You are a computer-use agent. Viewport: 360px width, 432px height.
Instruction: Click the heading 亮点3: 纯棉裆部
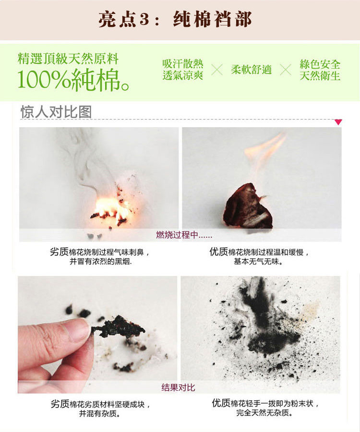[x=175, y=19]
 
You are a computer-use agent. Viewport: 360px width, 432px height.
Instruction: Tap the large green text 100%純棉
[x=73, y=80]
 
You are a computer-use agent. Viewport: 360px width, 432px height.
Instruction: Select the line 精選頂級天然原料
[x=68, y=59]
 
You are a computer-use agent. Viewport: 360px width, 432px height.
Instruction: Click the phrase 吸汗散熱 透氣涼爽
[x=182, y=70]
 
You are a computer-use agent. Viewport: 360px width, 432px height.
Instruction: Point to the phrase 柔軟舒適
[x=251, y=70]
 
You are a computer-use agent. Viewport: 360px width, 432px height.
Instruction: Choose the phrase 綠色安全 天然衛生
[x=320, y=70]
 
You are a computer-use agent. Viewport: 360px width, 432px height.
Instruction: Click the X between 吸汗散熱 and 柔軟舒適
[x=217, y=70]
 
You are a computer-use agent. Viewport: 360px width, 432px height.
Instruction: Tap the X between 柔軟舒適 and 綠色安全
[x=286, y=70]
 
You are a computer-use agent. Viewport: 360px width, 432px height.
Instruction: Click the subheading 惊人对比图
[x=56, y=112]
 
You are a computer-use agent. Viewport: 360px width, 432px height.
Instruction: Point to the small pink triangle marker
[x=338, y=122]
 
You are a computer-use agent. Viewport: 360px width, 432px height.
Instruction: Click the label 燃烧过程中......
[x=184, y=235]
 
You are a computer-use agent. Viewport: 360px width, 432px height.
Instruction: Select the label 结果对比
[x=178, y=387]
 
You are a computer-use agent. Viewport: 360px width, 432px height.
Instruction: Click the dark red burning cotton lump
[x=248, y=206]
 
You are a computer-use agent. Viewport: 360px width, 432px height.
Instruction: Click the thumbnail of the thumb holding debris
[x=97, y=335]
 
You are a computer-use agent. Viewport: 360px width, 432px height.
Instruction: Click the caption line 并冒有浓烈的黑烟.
[x=100, y=261]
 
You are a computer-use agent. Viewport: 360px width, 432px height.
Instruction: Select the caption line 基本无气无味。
[x=258, y=261]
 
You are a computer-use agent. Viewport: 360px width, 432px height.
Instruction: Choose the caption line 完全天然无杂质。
[x=264, y=413]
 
